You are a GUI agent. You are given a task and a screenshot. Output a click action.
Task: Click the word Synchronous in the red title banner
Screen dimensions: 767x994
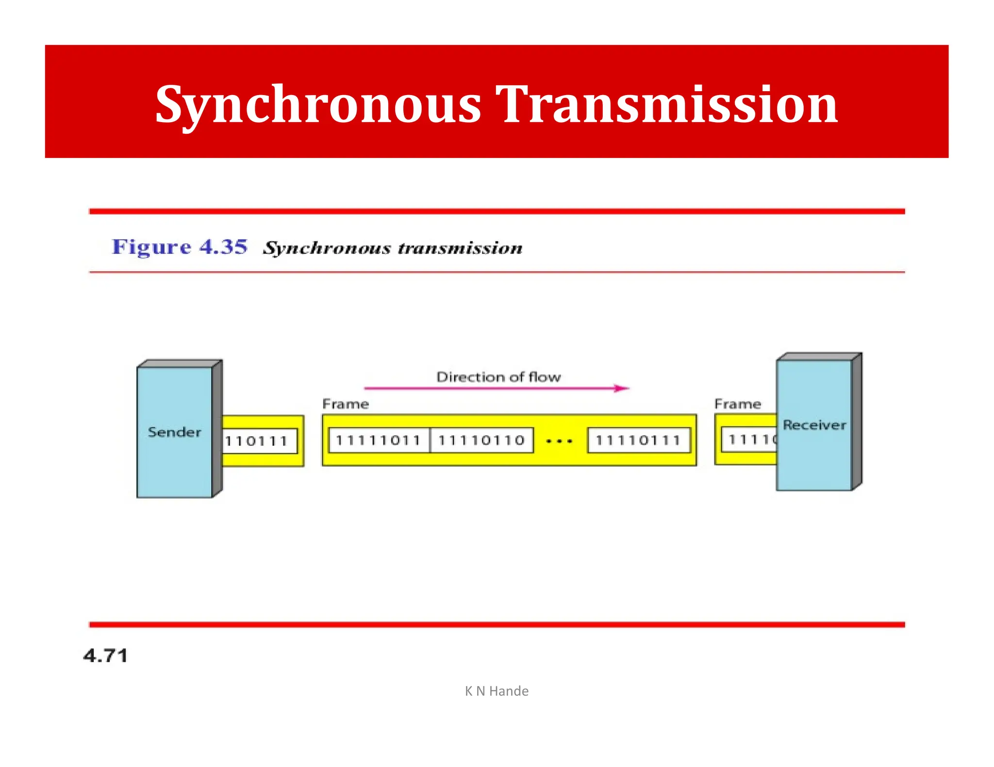(318, 105)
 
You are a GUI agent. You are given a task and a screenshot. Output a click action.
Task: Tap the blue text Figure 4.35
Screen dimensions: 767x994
(180, 247)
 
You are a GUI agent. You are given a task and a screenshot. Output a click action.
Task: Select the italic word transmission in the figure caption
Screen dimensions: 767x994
(460, 248)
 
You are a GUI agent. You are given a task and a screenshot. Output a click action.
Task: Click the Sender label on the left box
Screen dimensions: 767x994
(174, 432)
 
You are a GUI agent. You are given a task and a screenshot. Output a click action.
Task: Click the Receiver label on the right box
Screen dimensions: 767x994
(814, 425)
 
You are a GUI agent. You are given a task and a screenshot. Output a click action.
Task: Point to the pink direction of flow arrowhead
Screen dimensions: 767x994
(622, 388)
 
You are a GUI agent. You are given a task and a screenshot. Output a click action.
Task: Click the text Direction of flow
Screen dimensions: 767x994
(498, 377)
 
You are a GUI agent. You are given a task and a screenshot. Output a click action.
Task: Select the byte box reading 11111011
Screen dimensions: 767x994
(378, 440)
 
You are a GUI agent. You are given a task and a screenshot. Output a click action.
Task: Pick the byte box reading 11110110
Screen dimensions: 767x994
(481, 440)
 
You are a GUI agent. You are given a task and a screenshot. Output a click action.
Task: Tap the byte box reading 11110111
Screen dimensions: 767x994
(638, 440)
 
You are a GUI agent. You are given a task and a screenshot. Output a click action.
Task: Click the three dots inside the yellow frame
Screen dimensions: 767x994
(559, 441)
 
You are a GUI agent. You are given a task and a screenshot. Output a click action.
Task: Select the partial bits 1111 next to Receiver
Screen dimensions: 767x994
(750, 440)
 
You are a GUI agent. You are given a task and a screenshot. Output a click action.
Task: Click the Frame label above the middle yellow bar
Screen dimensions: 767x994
(346, 404)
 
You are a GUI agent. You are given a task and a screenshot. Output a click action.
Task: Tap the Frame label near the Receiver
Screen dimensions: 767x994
(737, 404)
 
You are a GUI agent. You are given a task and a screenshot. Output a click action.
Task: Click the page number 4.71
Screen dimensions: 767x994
(105, 655)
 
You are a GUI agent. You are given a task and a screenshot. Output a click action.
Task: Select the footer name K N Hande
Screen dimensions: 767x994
(497, 691)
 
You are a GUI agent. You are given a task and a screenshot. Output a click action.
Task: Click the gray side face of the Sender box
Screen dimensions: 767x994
(217, 429)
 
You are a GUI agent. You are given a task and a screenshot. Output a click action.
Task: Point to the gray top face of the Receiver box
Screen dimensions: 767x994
(818, 356)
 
